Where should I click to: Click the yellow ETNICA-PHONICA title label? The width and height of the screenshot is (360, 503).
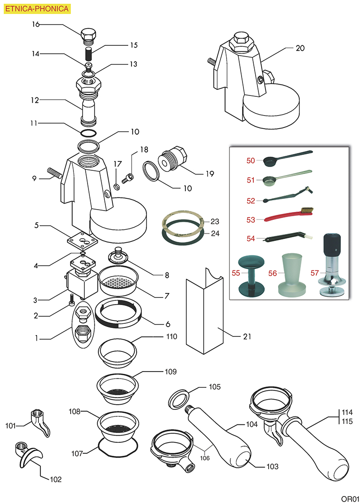coord(37,8)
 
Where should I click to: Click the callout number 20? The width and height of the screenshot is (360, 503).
coord(300,48)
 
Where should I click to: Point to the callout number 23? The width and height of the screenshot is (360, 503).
coord(214,221)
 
